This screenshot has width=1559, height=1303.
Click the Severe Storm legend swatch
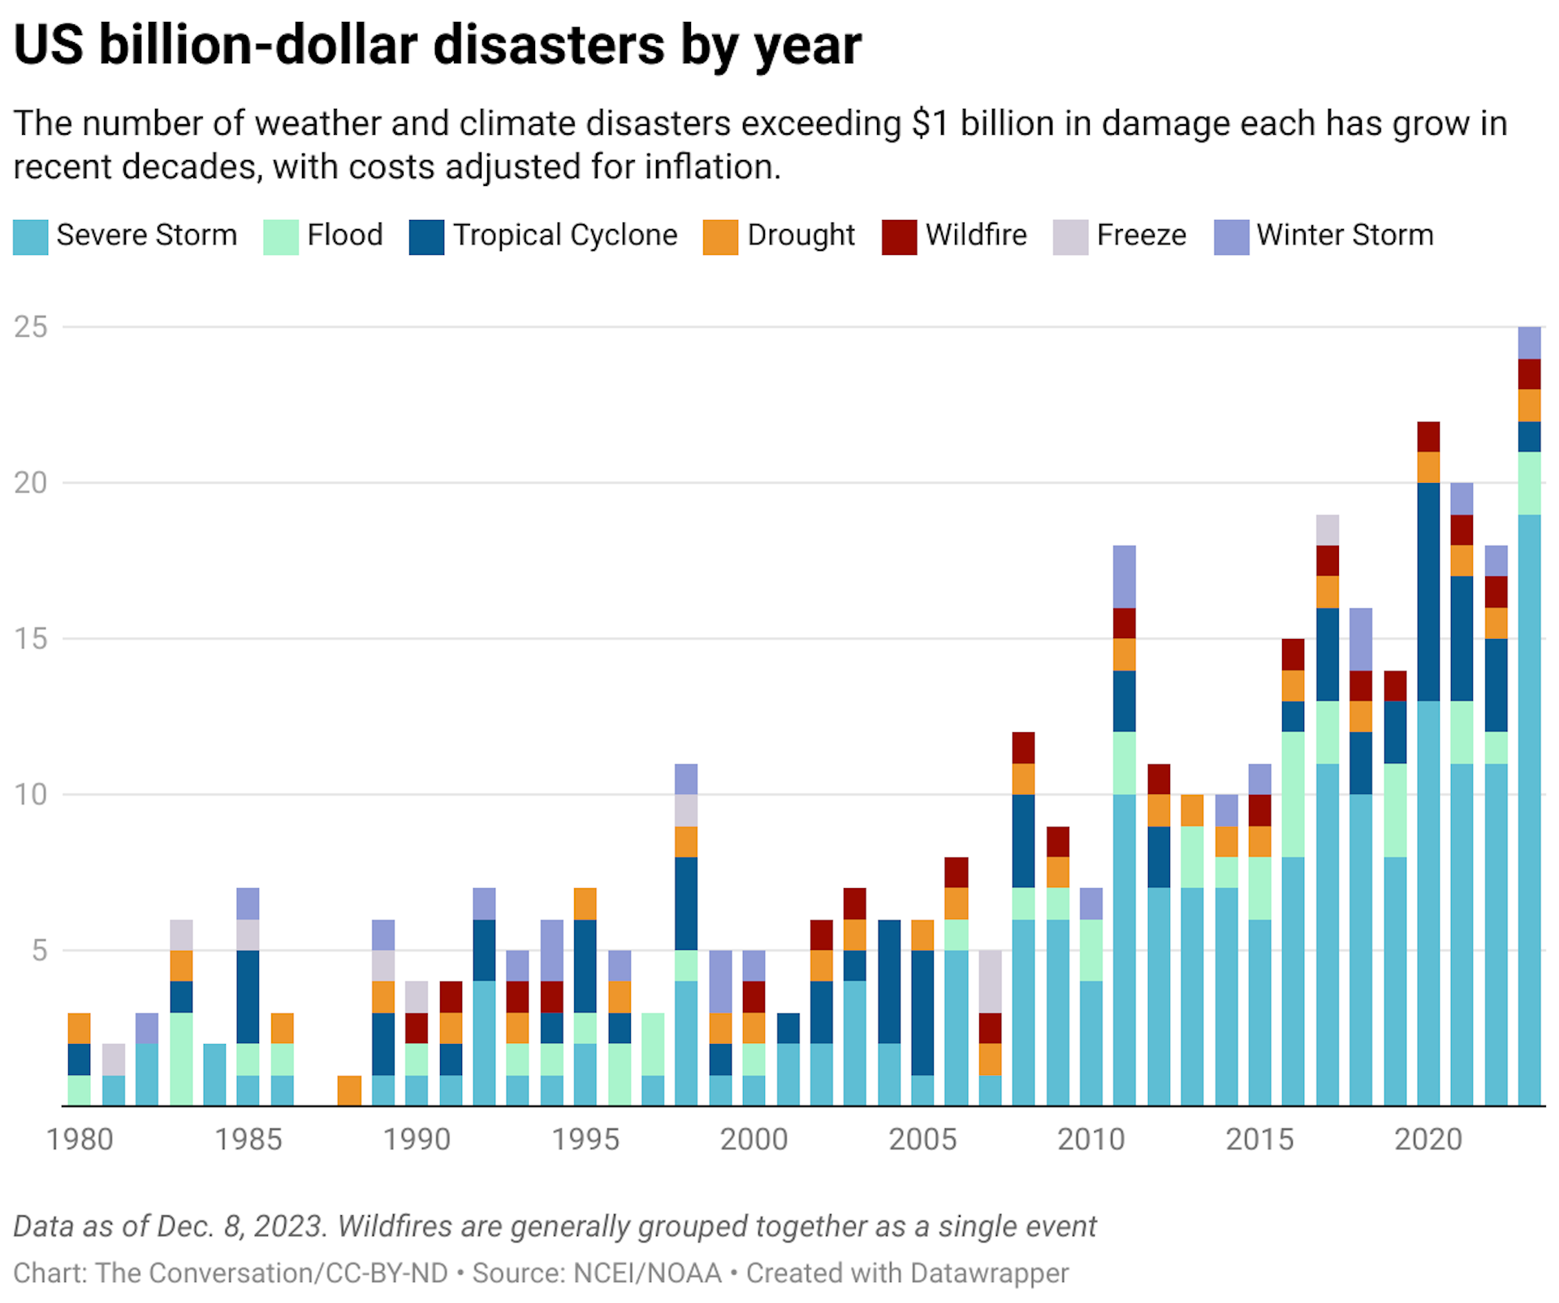pos(30,237)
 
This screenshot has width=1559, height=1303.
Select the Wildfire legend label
pos(975,235)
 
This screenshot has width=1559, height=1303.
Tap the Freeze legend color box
pos(1069,237)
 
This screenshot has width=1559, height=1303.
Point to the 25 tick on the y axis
pos(31,327)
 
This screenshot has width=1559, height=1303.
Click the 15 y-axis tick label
pos(31,639)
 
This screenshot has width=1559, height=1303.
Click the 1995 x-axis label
pos(585,1140)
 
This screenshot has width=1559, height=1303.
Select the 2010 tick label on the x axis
pos(1090,1140)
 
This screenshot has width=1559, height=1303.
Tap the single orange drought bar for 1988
pos(349,1090)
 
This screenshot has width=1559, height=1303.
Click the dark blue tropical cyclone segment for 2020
pos(1427,592)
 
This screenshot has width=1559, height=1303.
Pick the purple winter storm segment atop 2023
pos(1529,343)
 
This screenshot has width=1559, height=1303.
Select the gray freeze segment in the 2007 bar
pos(989,982)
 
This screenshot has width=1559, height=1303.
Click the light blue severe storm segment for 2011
pos(1125,950)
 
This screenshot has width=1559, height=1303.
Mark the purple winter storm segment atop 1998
pos(685,779)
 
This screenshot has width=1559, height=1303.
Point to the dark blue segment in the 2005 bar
pos(922,1012)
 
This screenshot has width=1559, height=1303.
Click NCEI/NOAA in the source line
pos(647,1272)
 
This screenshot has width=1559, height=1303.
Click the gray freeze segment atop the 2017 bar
pos(1327,530)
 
